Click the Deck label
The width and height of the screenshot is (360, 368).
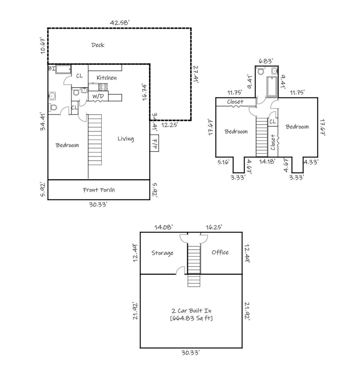point(98,45)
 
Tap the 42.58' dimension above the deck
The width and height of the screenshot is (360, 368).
point(120,23)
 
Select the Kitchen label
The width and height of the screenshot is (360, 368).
point(106,78)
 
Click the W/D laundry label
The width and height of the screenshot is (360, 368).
point(98,96)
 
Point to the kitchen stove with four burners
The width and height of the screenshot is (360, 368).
point(103,87)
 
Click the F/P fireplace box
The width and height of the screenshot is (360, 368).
point(154,143)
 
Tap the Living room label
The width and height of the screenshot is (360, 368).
point(125,139)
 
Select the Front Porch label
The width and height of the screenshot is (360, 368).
point(99,190)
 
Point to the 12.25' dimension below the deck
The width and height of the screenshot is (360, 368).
point(169,125)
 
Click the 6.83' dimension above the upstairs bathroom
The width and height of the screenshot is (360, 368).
point(266,61)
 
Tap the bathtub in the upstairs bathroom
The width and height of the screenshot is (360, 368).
point(272,87)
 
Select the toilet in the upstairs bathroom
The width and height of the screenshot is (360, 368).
point(261,71)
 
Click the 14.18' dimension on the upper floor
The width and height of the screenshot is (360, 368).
point(267,162)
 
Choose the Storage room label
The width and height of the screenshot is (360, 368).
point(162,253)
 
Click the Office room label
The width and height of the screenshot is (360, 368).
point(220,252)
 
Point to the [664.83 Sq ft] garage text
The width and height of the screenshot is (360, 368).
point(191,318)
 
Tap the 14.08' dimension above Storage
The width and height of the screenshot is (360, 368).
point(163,227)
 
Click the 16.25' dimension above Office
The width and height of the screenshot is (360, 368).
point(214,227)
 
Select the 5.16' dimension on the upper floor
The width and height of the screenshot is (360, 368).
point(223,162)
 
